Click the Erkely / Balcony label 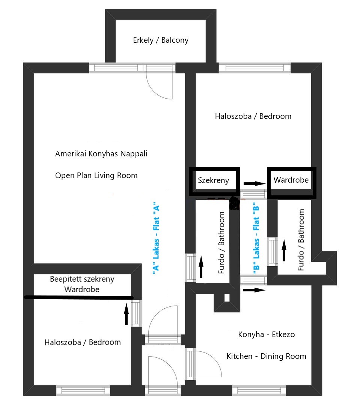click(161, 40)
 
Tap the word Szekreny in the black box click(213, 180)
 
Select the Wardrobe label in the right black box click(291, 180)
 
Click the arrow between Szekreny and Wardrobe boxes click(255, 184)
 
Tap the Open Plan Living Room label click(96, 175)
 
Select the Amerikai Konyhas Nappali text click(101, 154)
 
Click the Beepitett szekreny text click(82, 279)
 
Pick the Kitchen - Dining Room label click(266, 356)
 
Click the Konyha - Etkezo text click(267, 334)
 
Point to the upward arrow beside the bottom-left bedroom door click(126, 314)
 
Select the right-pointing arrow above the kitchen click(255, 290)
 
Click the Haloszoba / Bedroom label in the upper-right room click(253, 116)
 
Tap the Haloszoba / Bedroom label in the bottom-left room click(83, 342)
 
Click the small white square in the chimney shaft click(227, 298)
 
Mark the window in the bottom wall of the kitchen click(259, 390)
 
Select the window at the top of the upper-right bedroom click(255, 68)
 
